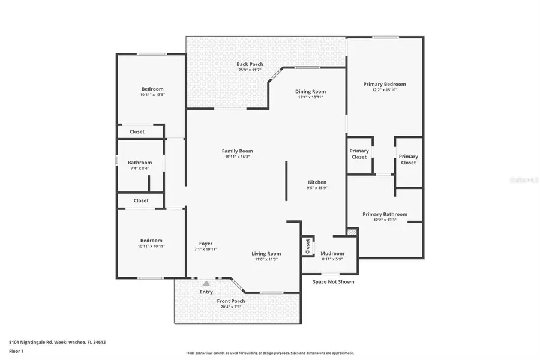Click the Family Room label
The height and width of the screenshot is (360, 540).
pos(237,151)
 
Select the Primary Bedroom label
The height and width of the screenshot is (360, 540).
pos(385,84)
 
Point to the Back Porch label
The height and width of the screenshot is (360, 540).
pos(250,64)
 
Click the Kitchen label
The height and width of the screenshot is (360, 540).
pos(317,182)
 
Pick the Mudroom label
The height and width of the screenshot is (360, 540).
pos(332,253)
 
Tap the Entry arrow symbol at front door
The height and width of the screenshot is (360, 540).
pos(206,283)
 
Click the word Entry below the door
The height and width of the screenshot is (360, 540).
pos(206,292)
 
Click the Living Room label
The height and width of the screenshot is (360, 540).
pos(266,254)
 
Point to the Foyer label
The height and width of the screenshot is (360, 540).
pos(206,244)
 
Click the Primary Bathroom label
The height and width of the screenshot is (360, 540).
pos(385,214)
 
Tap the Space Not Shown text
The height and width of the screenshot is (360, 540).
pos(333,282)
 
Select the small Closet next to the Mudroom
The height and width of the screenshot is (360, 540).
pos(308,246)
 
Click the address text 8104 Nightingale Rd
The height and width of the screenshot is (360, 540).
pos(36,342)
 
